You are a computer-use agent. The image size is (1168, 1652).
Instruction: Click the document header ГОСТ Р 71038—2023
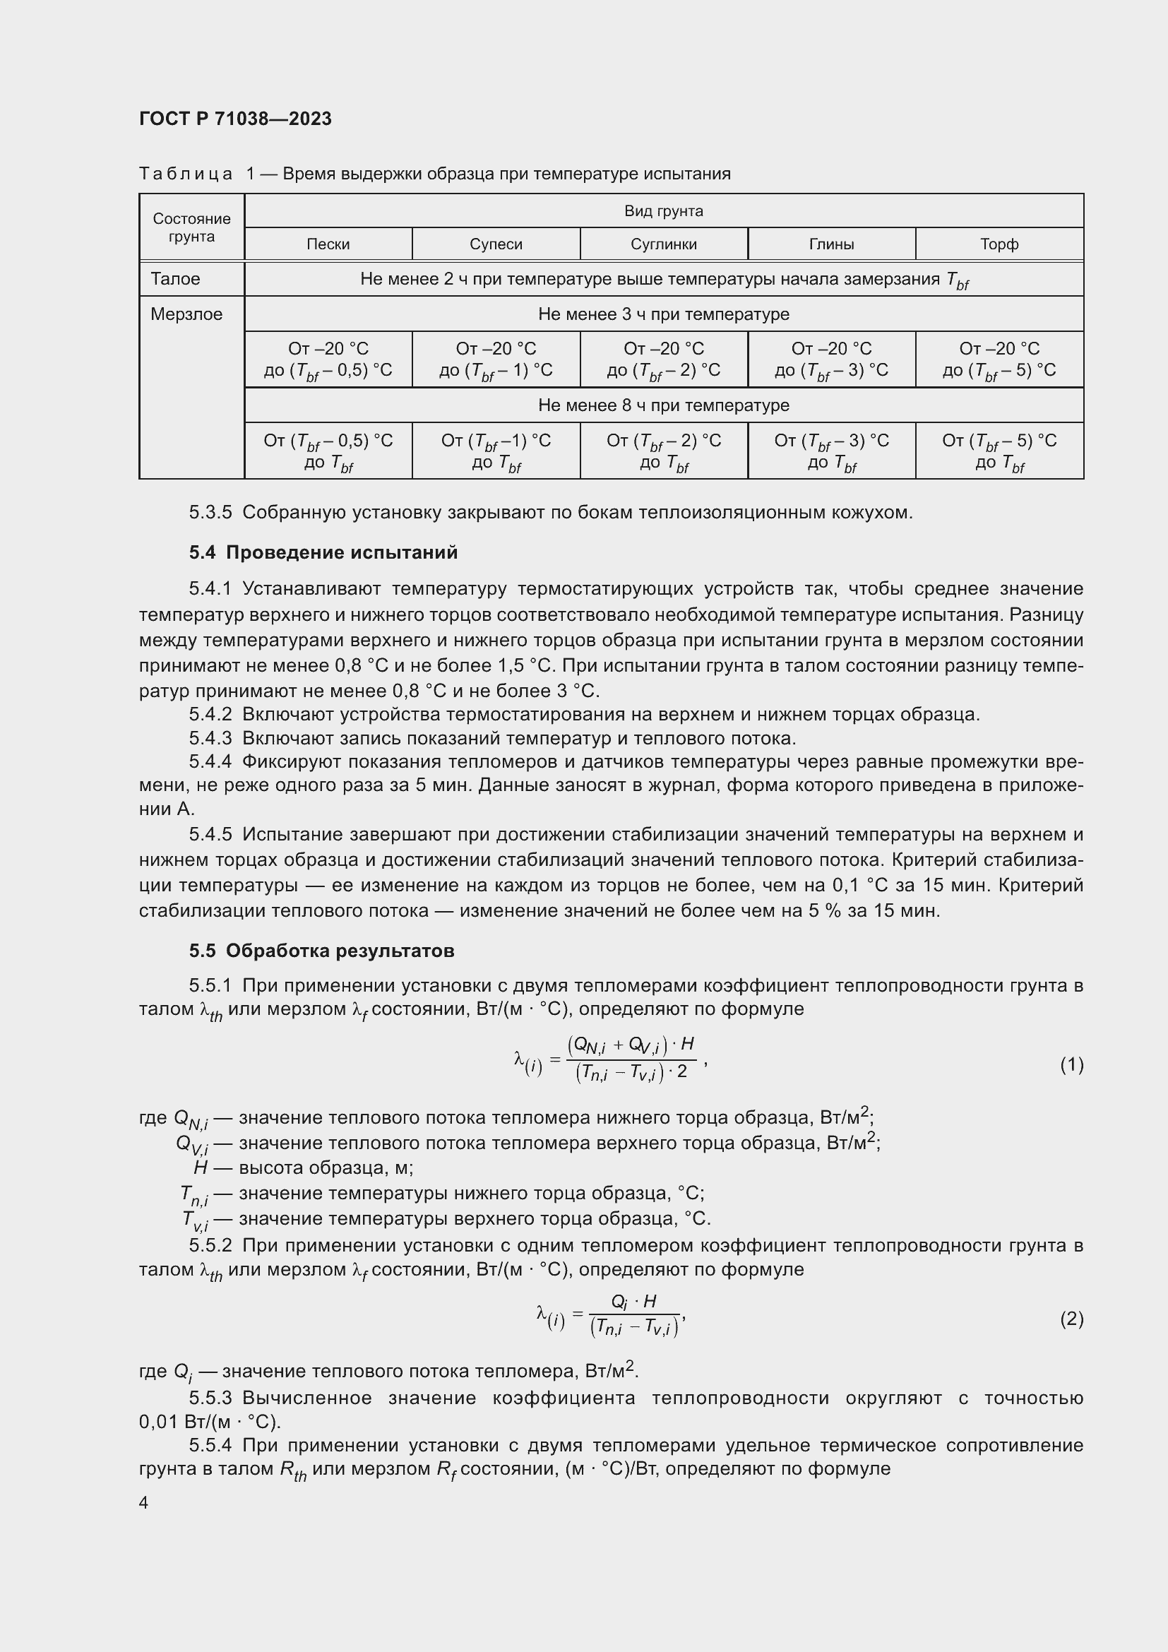point(235,119)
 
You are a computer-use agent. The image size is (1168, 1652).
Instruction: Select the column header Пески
point(328,244)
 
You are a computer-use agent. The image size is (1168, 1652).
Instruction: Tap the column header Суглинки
point(663,244)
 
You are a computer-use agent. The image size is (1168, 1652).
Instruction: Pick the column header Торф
point(999,244)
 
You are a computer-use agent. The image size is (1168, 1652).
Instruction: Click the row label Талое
point(176,278)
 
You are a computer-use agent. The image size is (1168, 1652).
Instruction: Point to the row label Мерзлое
point(186,314)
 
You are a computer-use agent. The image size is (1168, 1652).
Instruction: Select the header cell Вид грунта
point(663,210)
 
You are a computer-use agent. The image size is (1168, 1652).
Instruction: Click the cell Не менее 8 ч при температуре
point(663,405)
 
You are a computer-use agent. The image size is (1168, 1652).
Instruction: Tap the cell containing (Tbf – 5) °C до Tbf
point(999,451)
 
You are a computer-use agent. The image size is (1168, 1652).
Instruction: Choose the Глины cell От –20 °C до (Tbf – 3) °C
point(830,359)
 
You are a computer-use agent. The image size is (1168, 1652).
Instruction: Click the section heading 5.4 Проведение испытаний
point(323,552)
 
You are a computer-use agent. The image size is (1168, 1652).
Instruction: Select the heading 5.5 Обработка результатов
point(321,951)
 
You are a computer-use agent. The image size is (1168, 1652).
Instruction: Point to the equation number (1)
point(1071,1064)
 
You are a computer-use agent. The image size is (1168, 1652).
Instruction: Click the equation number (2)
point(1071,1318)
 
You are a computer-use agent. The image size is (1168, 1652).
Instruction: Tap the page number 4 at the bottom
point(144,1502)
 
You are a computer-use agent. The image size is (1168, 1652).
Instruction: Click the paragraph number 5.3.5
point(210,512)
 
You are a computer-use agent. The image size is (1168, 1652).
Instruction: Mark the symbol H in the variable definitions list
point(201,1167)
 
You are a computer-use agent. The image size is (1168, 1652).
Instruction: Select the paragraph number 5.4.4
point(210,761)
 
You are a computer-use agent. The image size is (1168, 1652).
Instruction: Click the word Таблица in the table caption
point(186,174)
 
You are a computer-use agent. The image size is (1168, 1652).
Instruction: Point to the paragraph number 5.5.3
point(210,1398)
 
